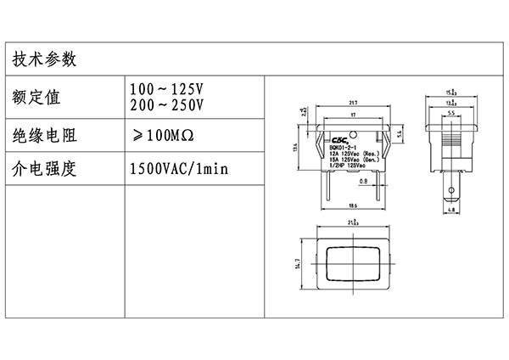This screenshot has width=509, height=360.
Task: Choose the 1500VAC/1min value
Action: point(178,168)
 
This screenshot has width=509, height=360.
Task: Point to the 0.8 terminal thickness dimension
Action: point(363,181)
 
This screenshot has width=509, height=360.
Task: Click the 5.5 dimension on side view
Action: point(452,114)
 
